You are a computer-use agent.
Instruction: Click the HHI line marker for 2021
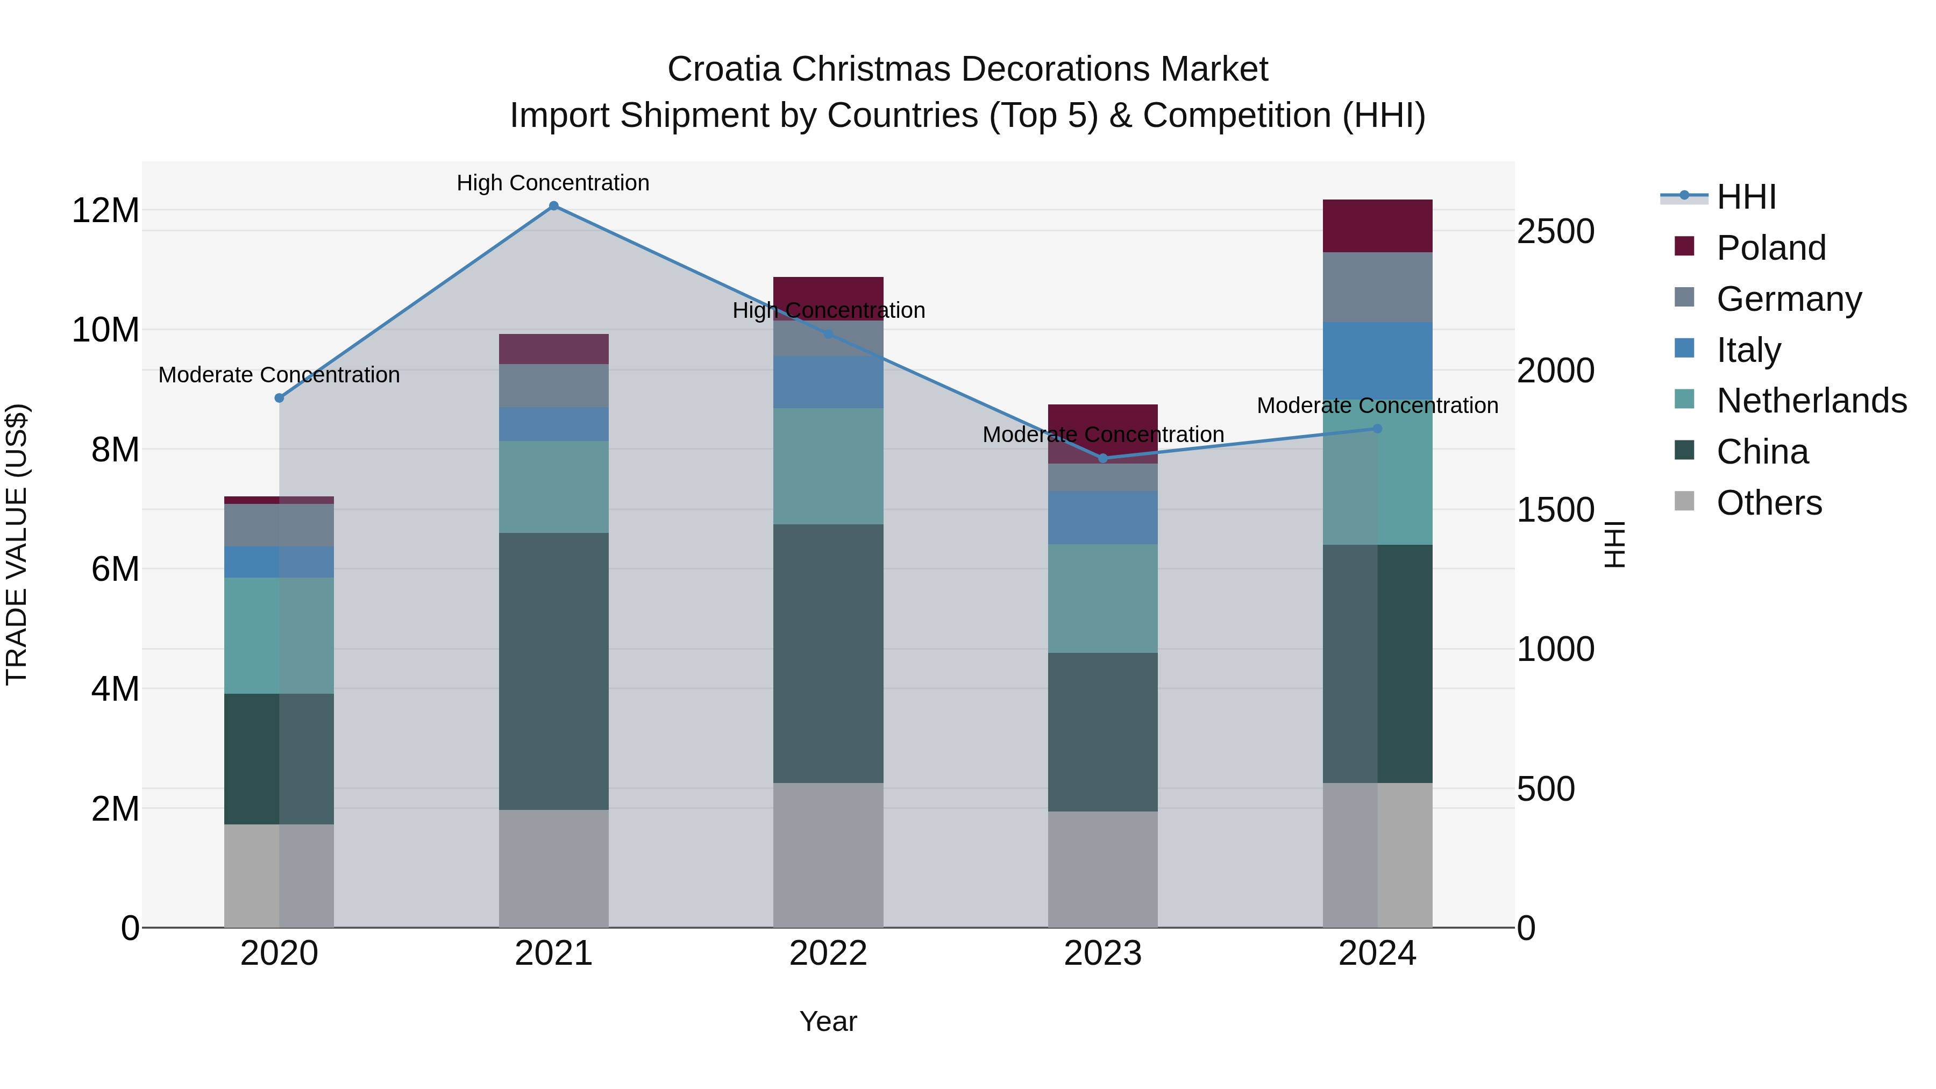(x=553, y=206)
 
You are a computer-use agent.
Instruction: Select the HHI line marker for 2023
(x=1102, y=458)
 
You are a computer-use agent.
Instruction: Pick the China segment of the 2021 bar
(x=553, y=671)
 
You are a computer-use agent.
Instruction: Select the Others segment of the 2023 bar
(x=1102, y=869)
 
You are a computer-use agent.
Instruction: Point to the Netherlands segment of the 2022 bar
(x=828, y=466)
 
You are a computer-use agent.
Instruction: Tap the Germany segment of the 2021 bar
(x=553, y=386)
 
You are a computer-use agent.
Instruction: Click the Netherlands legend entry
(x=1811, y=401)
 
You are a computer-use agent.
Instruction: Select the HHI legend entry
(x=1746, y=197)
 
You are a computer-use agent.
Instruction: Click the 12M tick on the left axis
(x=105, y=210)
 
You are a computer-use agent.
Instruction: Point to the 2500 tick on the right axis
(x=1555, y=231)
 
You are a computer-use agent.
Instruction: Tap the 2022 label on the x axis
(x=828, y=953)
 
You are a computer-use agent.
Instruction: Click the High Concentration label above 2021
(x=553, y=183)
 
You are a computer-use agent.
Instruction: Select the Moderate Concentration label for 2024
(x=1377, y=406)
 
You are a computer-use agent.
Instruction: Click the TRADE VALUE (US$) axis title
(x=17, y=544)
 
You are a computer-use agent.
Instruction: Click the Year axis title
(x=828, y=1021)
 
